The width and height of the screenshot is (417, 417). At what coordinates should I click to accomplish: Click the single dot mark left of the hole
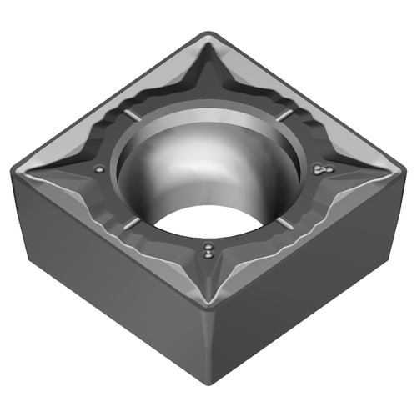[x=100, y=170]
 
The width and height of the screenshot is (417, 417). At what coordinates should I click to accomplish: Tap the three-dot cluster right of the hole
[x=319, y=169]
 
